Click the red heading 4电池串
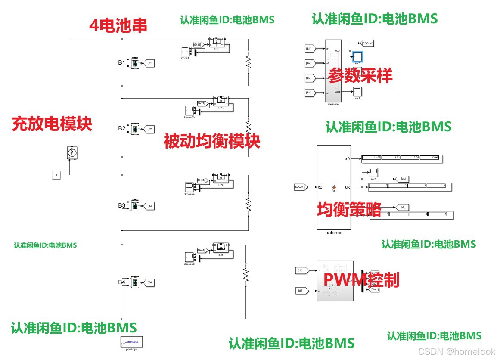pyautogui.click(x=118, y=26)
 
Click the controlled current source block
pyautogui.click(x=72, y=153)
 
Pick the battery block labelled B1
pyautogui.click(x=135, y=63)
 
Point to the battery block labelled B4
pyautogui.click(x=135, y=282)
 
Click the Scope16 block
pyautogui.click(x=185, y=50)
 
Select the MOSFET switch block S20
pyautogui.click(x=221, y=102)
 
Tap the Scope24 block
pyautogui.click(x=189, y=187)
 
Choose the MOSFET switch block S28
pyautogui.click(x=221, y=249)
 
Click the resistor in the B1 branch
pyautogui.click(x=248, y=63)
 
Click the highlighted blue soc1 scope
pyautogui.click(x=357, y=56)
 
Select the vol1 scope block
pyautogui.click(x=357, y=91)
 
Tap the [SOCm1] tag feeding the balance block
pyautogui.click(x=300, y=187)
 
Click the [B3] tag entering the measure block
pyautogui.click(x=309, y=78)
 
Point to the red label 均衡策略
pyautogui.click(x=349, y=209)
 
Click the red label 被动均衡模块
pyautogui.click(x=212, y=141)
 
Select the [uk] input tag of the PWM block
pyautogui.click(x=301, y=271)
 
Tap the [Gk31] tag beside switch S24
pyautogui.click(x=202, y=180)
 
